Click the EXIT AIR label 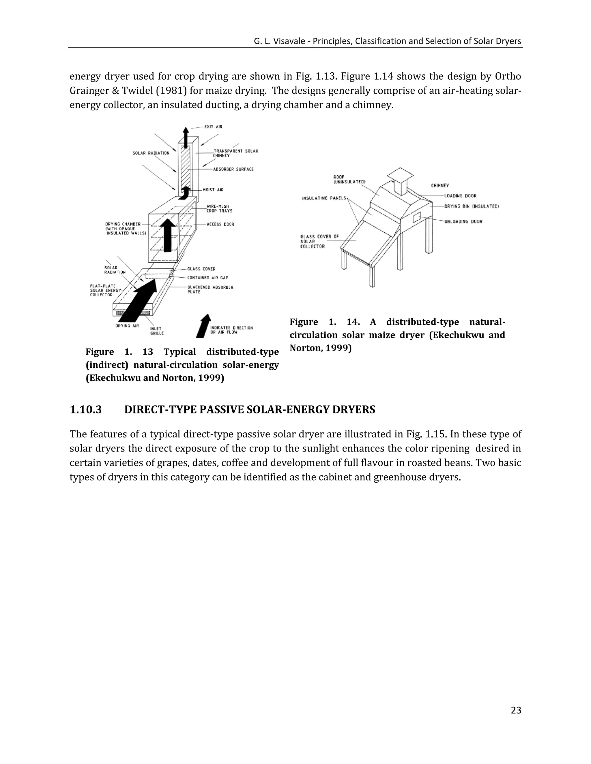213,127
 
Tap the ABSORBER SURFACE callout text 233,169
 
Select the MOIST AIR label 213,190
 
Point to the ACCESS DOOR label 220,224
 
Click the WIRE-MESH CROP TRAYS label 220,209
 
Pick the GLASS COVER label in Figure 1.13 201,269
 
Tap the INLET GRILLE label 157,331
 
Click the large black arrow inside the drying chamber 168,235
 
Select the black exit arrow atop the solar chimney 186,134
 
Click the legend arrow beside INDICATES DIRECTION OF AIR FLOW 203,326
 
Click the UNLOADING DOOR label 463,222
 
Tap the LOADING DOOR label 460,196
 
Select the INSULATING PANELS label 324,198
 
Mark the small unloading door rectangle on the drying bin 417,218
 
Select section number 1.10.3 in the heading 86,410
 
